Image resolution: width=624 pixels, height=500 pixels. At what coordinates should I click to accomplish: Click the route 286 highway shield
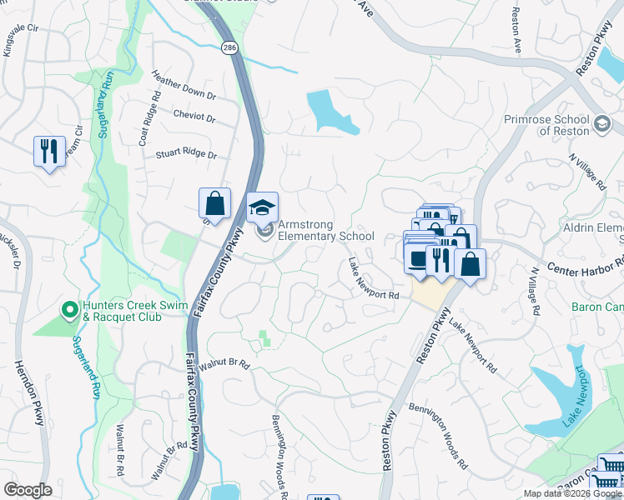click(x=229, y=49)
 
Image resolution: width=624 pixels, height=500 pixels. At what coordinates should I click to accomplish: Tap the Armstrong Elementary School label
click(x=325, y=231)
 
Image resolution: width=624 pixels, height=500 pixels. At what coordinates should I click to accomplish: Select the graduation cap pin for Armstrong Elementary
click(x=263, y=208)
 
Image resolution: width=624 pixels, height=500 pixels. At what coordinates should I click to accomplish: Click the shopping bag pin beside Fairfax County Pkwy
click(x=214, y=204)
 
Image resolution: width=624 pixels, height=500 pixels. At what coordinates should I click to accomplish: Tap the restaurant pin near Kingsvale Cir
click(x=49, y=152)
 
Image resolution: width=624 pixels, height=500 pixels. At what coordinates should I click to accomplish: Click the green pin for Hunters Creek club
click(x=70, y=311)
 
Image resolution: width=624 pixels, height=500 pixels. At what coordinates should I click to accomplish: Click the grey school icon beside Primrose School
click(x=601, y=125)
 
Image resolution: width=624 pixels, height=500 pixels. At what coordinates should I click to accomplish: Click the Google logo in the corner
click(x=28, y=490)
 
